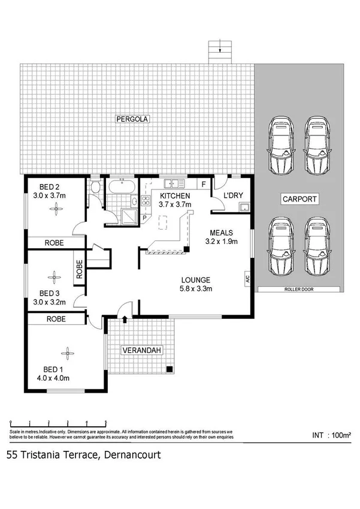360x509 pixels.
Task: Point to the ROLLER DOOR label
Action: (x=299, y=289)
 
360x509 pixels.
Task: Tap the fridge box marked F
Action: (x=204, y=184)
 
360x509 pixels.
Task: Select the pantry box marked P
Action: (x=144, y=217)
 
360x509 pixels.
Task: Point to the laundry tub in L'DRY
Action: (x=243, y=207)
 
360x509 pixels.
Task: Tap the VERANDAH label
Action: (x=141, y=350)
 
